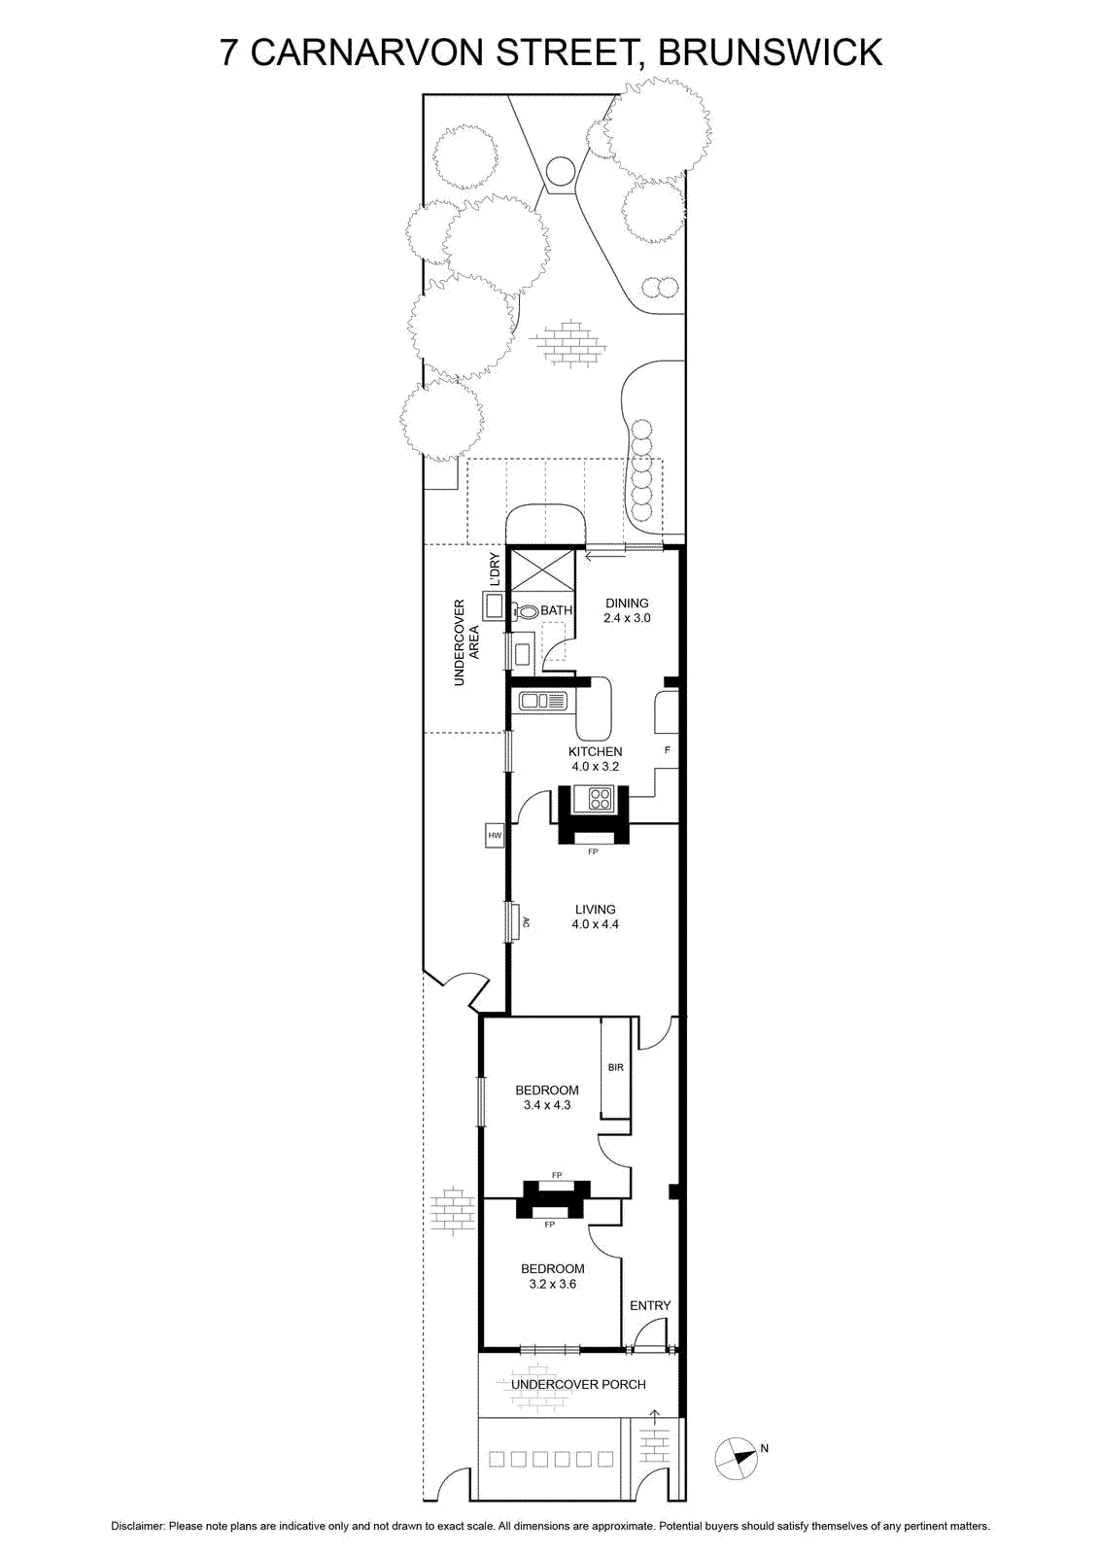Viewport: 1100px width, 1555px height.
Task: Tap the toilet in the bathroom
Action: tap(527, 611)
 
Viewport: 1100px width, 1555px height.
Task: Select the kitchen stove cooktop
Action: tap(600, 797)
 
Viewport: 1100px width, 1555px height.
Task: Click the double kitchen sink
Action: tap(543, 701)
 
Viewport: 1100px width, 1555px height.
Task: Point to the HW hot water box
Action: tap(495, 835)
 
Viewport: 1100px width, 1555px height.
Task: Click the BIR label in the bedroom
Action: tap(615, 1067)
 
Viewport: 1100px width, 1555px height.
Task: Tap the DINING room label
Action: tap(627, 604)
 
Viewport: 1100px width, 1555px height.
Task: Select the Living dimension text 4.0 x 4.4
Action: tap(595, 924)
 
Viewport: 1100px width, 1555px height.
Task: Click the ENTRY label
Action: tap(650, 1306)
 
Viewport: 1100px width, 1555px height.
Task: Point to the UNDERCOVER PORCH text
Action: tap(578, 1385)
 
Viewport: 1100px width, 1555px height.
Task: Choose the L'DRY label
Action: tap(495, 570)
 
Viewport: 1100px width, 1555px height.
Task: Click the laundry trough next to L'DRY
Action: tap(494, 607)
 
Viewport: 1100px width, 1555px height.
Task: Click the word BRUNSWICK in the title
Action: tap(770, 52)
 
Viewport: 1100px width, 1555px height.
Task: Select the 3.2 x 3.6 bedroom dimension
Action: tap(552, 1284)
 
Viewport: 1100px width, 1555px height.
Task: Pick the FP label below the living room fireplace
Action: tap(593, 851)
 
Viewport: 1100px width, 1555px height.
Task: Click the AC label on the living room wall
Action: tap(526, 922)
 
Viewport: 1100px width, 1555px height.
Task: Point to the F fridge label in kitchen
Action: tap(667, 750)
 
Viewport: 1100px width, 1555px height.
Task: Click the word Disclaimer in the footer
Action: tap(138, 1526)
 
